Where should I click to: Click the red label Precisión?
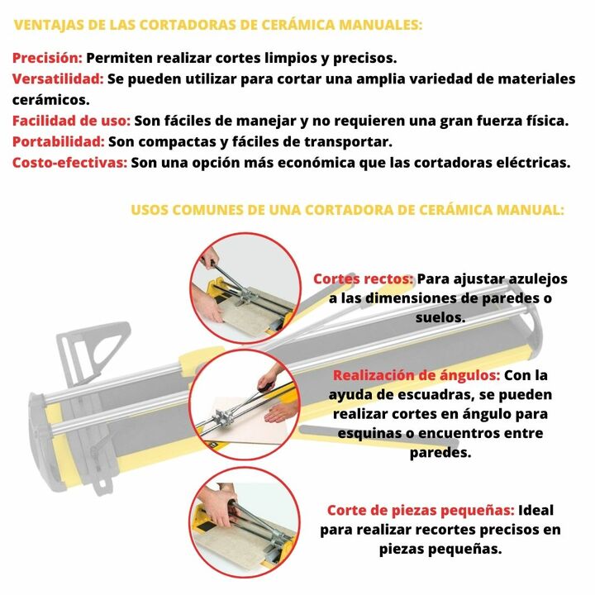(x=47, y=58)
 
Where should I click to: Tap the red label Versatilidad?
(x=58, y=79)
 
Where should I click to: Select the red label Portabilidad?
(x=59, y=141)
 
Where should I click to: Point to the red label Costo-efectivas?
(x=69, y=163)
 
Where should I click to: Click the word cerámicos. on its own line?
(x=51, y=100)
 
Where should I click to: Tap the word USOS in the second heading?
(x=150, y=210)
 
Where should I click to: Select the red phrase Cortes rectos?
(x=363, y=279)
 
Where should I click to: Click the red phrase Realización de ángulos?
(x=416, y=375)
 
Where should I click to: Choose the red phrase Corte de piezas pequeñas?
(x=421, y=511)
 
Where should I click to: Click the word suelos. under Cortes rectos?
(x=440, y=317)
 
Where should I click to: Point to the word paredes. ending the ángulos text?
(x=440, y=453)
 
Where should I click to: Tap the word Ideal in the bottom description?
(x=535, y=511)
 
